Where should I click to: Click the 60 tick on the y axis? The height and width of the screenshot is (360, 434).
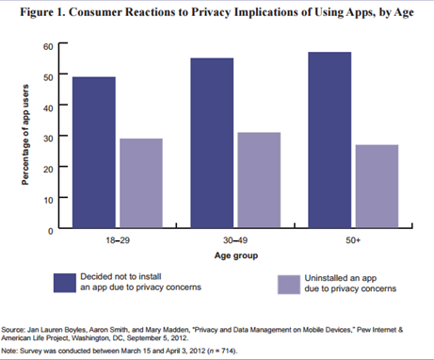pyautogui.click(x=47, y=45)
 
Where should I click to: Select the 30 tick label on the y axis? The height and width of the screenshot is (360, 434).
pyautogui.click(x=47, y=137)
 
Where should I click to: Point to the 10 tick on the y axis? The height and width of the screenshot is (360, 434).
pyautogui.click(x=47, y=199)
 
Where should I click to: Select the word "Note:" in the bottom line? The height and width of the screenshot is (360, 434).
pyautogui.click(x=13, y=351)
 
